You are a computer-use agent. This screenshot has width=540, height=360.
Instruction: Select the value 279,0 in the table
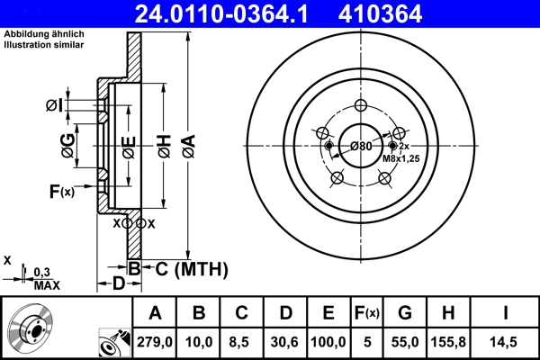pos(155,342)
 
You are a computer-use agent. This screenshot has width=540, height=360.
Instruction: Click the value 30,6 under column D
pos(284,342)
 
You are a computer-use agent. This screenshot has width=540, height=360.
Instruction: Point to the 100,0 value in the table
pos(328,342)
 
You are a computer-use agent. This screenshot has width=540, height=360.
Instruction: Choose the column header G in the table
pos(404,313)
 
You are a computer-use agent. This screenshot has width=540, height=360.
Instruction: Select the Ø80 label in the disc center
pos(361,147)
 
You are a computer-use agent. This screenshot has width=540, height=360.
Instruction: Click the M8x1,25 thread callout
pos(400,158)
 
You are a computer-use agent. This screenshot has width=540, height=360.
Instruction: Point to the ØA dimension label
pos(187,141)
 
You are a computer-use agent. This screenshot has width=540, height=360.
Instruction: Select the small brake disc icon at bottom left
pos(32,328)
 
